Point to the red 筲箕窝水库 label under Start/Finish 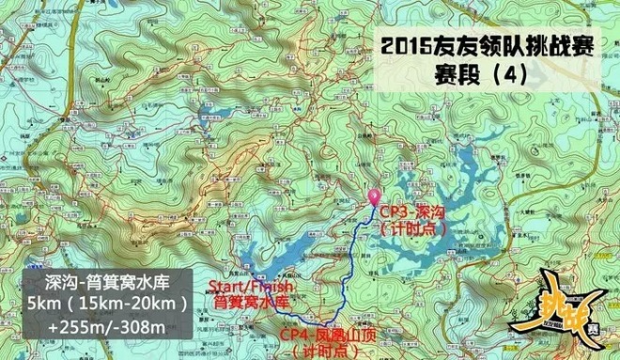[247, 303]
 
